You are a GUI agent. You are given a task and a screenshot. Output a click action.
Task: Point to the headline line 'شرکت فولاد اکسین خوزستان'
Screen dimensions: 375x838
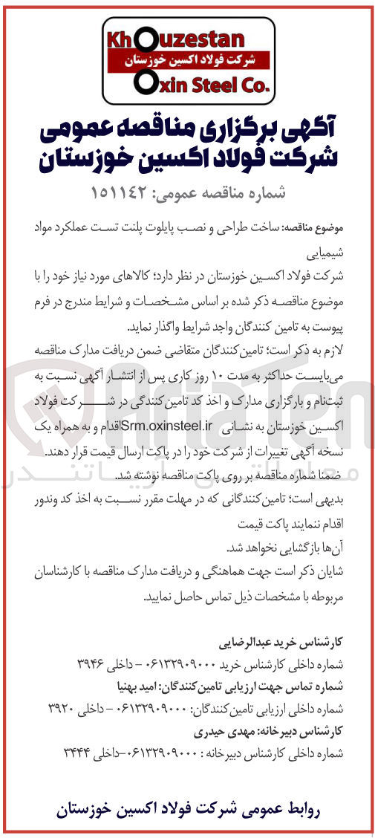tap(190, 159)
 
